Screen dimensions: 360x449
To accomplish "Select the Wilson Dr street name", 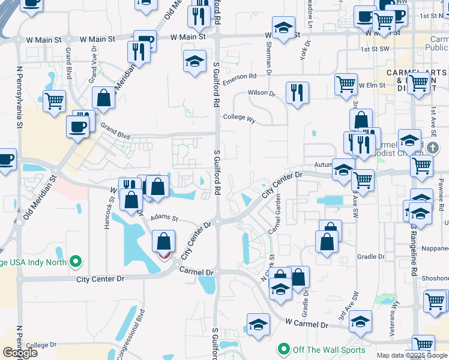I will (262, 94).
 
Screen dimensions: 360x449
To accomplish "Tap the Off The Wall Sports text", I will (329, 349).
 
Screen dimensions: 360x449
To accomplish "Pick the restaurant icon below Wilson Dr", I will (297, 93).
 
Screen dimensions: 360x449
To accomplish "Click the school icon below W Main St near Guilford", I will (194, 61).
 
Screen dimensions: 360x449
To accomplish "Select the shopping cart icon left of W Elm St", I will (346, 85).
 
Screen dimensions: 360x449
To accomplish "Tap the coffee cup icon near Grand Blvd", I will (79, 126).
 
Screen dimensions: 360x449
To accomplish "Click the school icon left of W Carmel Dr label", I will (259, 324).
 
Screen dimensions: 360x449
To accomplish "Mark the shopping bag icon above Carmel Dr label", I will (163, 242).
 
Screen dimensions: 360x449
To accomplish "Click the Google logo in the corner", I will (20, 353).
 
